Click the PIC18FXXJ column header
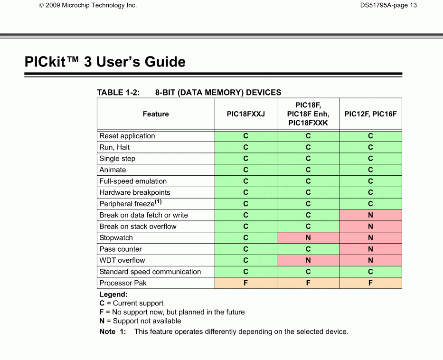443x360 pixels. coord(245,114)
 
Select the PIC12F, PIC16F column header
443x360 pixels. coord(370,114)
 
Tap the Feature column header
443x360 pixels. coord(156,114)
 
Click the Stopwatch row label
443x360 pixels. coord(116,238)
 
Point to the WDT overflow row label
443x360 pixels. coord(122,260)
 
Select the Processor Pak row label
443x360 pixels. coord(123,283)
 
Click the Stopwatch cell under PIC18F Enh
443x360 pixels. coord(308,238)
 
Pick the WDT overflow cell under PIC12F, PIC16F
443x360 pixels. coord(370,260)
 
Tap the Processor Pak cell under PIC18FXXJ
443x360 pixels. coord(245,283)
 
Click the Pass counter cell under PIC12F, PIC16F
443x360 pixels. coord(370,249)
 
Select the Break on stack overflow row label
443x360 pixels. coord(138,227)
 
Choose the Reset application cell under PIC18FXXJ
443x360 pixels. coord(245,136)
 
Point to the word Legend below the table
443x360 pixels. coord(113,294)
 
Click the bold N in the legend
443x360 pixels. coord(102,321)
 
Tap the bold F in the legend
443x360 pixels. coord(102,312)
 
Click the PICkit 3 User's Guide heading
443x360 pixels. coord(105,62)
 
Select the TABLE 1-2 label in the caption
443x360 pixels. coord(118,93)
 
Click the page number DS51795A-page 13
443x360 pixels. coord(388,5)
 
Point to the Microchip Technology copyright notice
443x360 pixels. coord(88,5)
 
